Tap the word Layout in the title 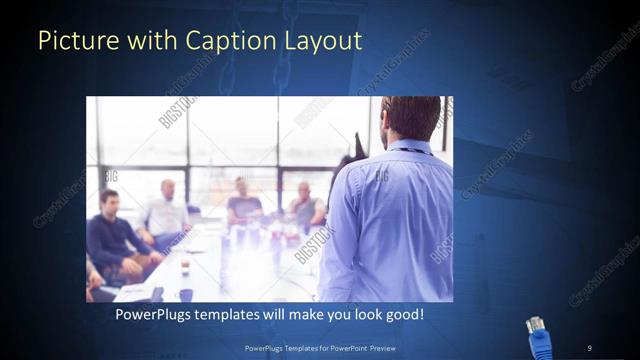pyautogui.click(x=322, y=41)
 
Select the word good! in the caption pyautogui.click(x=404, y=314)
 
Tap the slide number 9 pyautogui.click(x=589, y=347)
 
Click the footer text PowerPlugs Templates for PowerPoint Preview pyautogui.click(x=320, y=347)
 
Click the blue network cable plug pyautogui.click(x=540, y=337)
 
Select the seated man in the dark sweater pyautogui.click(x=111, y=235)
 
